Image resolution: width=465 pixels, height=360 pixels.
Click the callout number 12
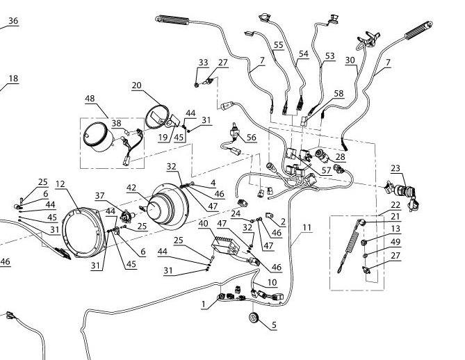tap(60, 184)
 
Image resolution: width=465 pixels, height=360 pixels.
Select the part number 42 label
tap(131, 188)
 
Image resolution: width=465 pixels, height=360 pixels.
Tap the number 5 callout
tap(274, 325)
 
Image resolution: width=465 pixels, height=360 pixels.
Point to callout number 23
tap(395, 167)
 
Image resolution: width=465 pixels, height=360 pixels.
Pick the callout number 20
tap(137, 85)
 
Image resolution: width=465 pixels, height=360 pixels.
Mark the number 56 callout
tap(251, 138)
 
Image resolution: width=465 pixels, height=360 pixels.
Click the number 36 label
tap(13, 22)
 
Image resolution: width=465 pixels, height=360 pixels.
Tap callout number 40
tap(204, 223)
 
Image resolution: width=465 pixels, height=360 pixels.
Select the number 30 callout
tap(350, 60)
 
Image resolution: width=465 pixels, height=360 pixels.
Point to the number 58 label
tap(338, 92)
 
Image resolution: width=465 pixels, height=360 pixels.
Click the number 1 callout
tap(202, 304)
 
